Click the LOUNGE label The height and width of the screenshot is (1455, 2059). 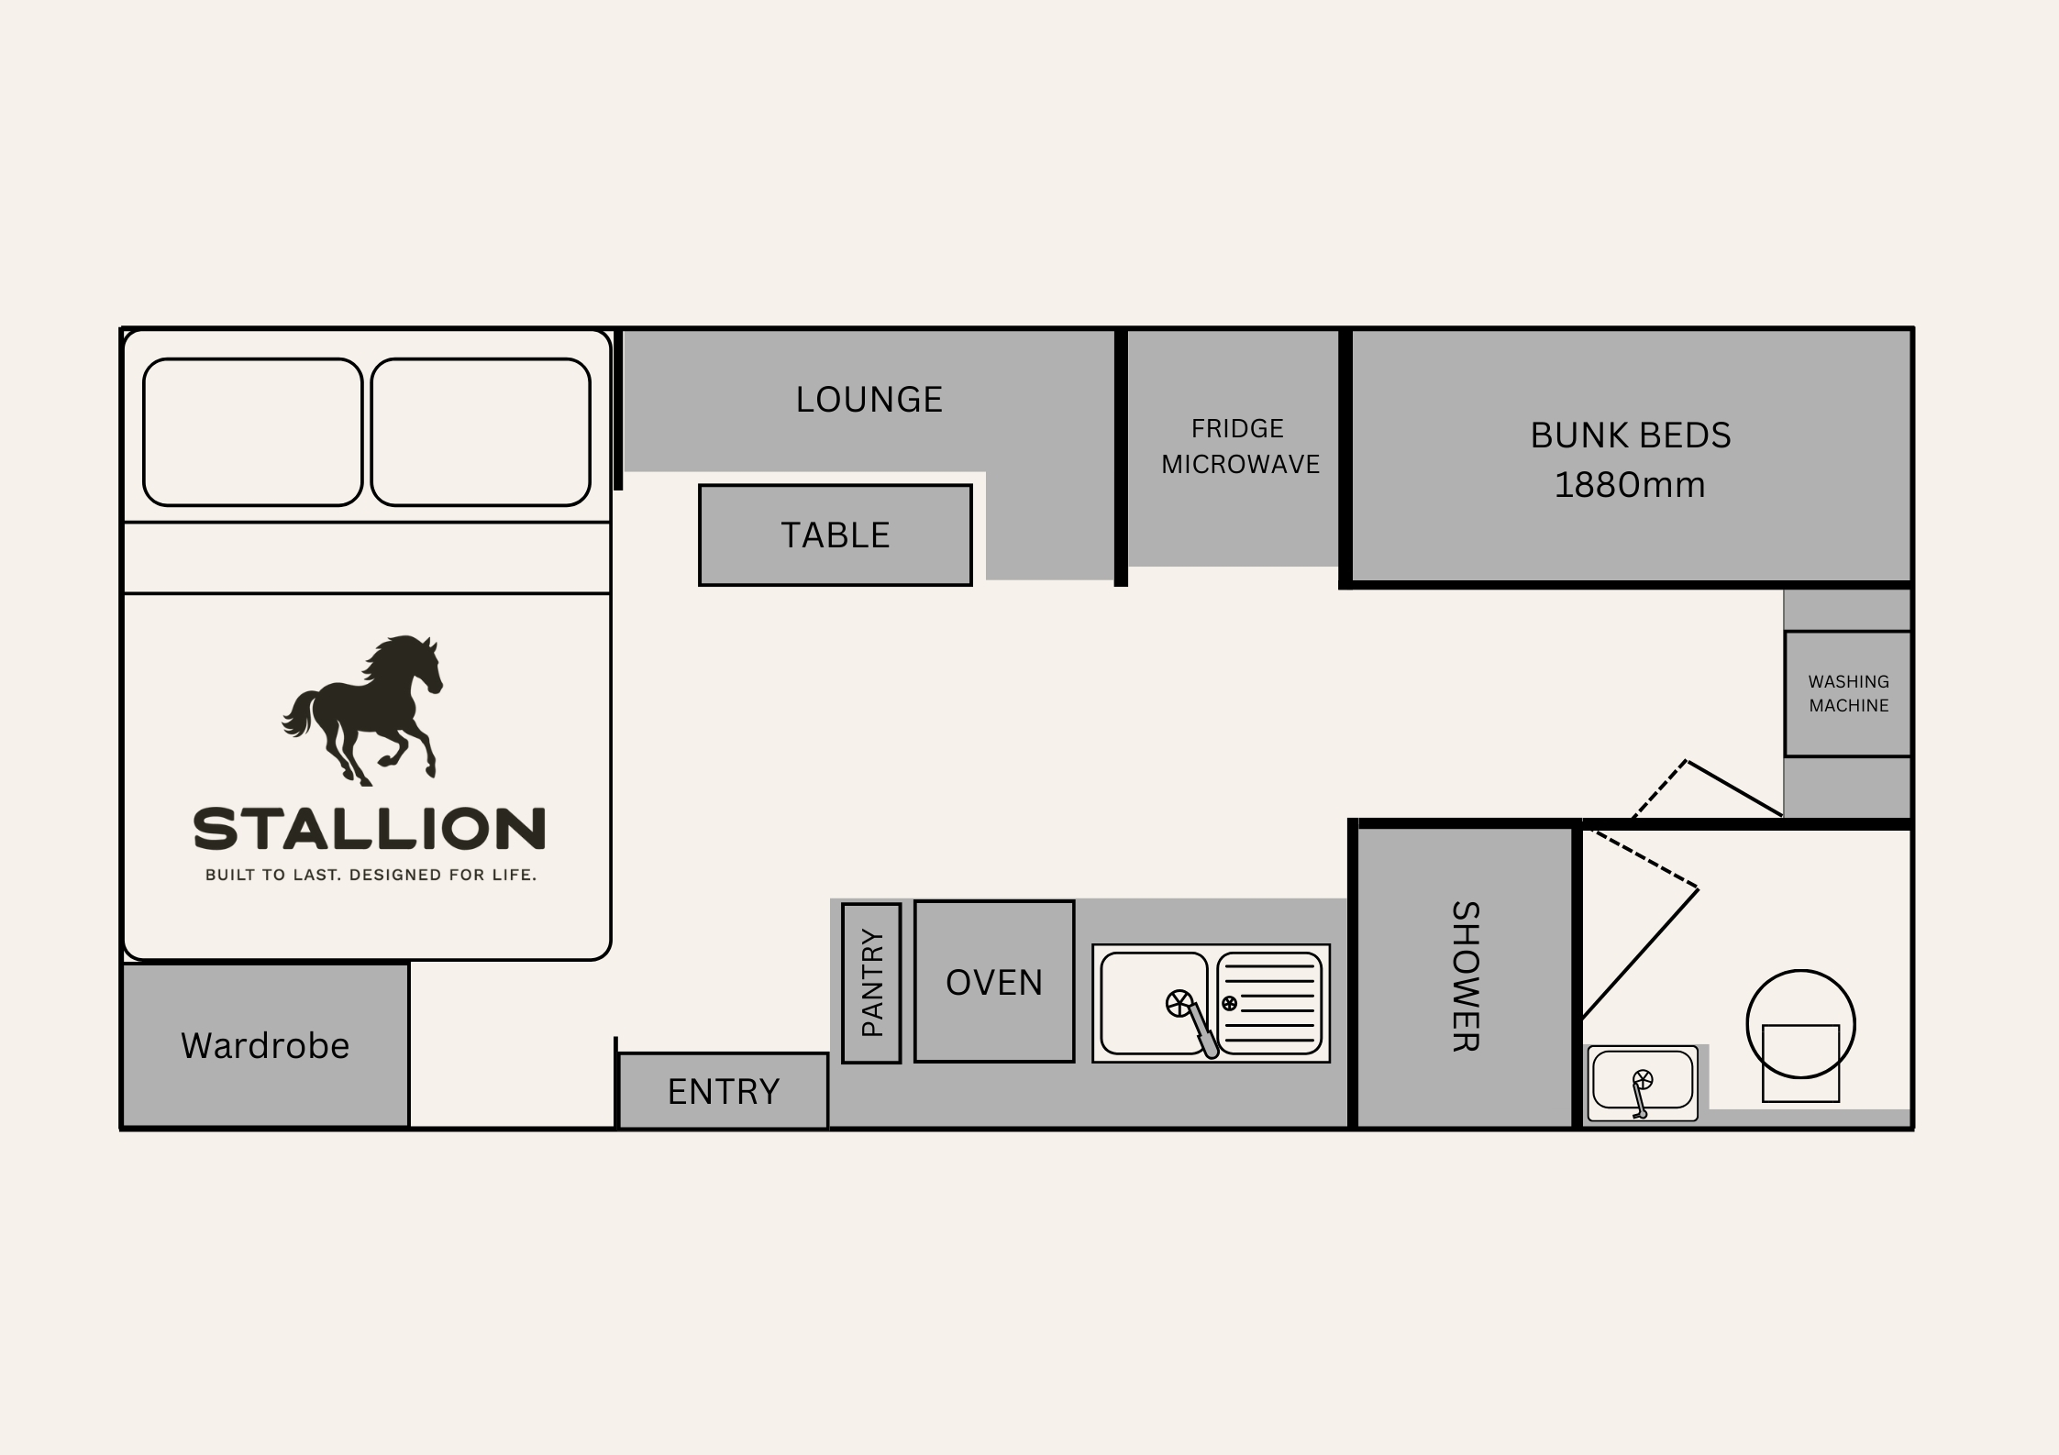pyautogui.click(x=869, y=400)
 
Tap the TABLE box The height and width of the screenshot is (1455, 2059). pyautogui.click(x=835, y=535)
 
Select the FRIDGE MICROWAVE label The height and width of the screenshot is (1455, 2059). pyautogui.click(x=1240, y=446)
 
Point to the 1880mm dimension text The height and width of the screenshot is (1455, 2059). pyautogui.click(x=1630, y=485)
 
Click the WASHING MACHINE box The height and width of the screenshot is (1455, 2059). pyautogui.click(x=1848, y=694)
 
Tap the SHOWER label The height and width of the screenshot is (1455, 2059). pyautogui.click(x=1466, y=976)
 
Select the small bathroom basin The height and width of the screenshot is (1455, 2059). pyautogui.click(x=1643, y=1083)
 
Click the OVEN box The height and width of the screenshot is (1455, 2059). pyautogui.click(x=994, y=982)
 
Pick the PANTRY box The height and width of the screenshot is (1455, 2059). pyautogui.click(x=871, y=983)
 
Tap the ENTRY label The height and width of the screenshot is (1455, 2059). pyautogui.click(x=724, y=1092)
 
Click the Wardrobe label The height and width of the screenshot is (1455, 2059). pyautogui.click(x=265, y=1046)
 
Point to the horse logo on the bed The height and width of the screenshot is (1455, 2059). pyautogui.click(x=362, y=711)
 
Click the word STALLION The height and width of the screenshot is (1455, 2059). pyautogui.click(x=370, y=829)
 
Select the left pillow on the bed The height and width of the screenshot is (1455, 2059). pyautogui.click(x=253, y=432)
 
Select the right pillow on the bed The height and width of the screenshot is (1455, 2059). pyautogui.click(x=481, y=432)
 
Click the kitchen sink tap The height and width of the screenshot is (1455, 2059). pyautogui.click(x=1193, y=1021)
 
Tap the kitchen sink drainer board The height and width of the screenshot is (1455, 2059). pyautogui.click(x=1269, y=1004)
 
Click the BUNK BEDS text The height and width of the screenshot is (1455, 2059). pyautogui.click(x=1631, y=435)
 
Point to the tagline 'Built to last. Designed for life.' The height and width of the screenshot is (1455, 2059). pyautogui.click(x=371, y=876)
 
